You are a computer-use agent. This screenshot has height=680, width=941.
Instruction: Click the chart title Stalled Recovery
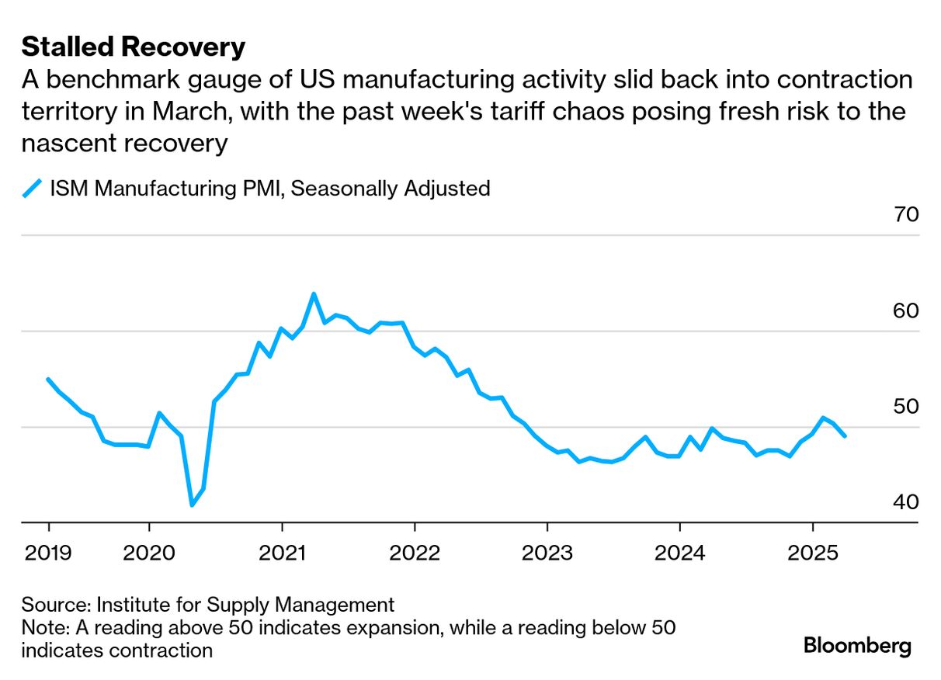pos(133,47)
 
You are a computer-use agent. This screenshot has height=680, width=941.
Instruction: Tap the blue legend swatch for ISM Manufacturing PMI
pos(31,189)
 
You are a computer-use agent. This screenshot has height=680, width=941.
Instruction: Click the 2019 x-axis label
pos(48,553)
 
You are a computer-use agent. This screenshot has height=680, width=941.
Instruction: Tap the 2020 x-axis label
pos(148,553)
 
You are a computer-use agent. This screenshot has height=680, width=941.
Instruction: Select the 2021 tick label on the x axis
pos(282,553)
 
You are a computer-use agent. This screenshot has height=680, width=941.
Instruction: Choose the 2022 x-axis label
pos(415,553)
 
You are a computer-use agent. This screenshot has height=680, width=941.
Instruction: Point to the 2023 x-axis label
pos(547,553)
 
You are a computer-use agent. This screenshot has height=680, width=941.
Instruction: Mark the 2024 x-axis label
pos(679,553)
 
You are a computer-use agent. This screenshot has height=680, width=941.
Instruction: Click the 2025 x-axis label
pos(812,553)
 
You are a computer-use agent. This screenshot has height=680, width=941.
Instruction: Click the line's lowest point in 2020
pos(192,505)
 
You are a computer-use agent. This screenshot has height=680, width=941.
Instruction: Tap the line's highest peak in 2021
pos(314,294)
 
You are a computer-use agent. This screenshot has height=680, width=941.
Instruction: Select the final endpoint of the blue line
pos(845,436)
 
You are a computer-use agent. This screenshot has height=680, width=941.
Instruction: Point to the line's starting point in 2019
pos(48,380)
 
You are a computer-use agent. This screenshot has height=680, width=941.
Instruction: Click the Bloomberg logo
pos(857,646)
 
